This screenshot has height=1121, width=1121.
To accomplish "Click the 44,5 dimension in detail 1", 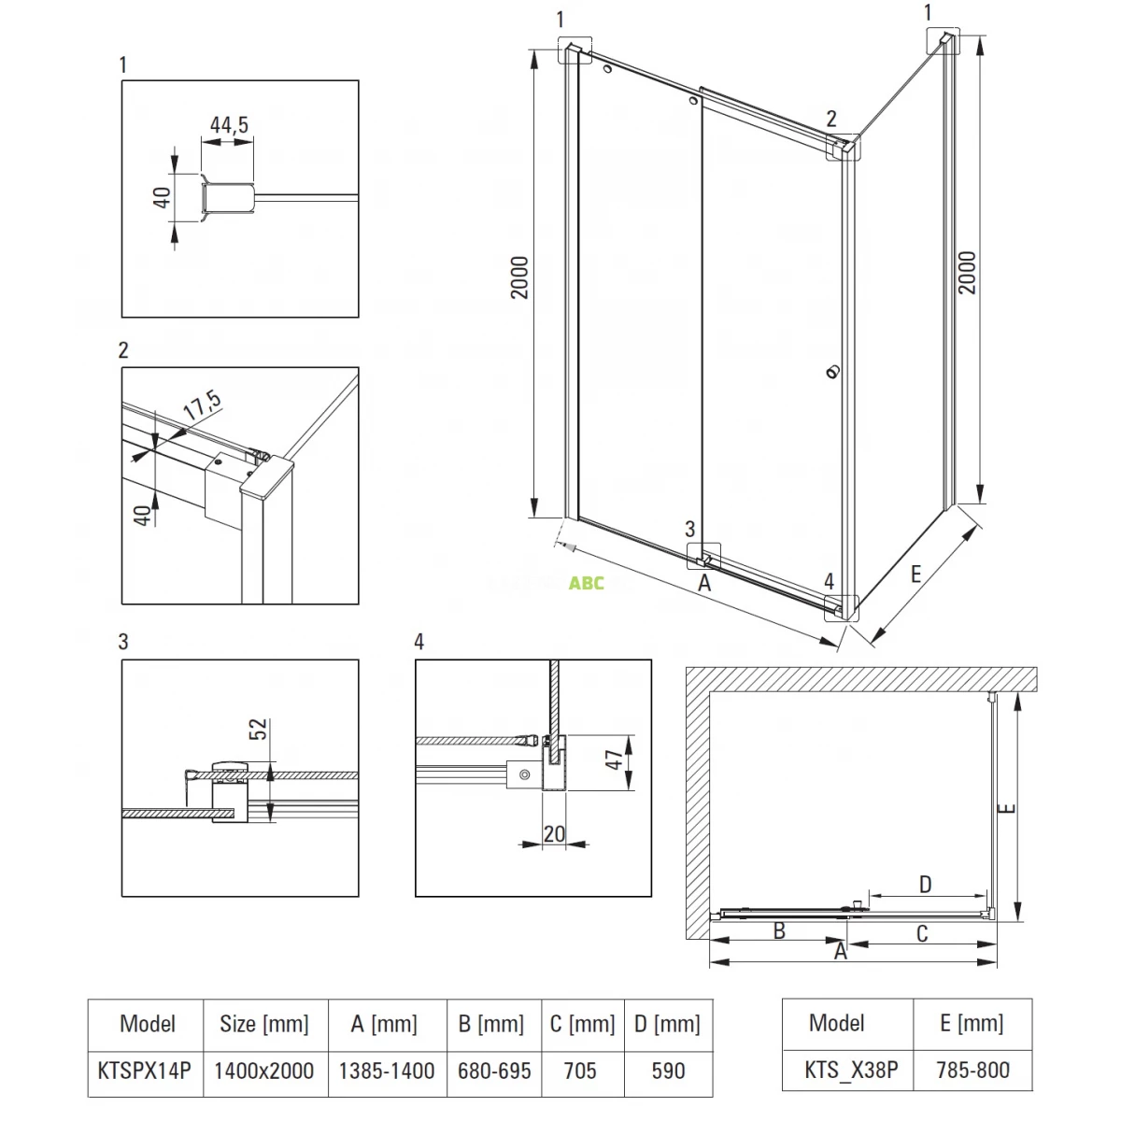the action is [229, 124].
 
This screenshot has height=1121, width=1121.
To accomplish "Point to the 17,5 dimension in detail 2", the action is [203, 406].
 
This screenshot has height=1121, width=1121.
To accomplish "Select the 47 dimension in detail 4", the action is [615, 759].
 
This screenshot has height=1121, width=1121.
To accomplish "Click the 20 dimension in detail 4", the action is [554, 834].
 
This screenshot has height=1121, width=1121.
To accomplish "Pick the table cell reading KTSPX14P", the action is [144, 1071].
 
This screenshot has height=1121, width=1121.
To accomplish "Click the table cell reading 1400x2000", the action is [264, 1071].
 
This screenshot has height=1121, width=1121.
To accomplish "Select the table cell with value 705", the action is [580, 1071].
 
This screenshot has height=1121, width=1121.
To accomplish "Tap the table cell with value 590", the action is [668, 1071].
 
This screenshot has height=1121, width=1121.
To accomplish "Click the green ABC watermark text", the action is [587, 583].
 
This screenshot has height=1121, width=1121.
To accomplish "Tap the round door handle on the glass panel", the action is [833, 372].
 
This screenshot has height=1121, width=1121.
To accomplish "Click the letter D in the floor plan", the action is [925, 886].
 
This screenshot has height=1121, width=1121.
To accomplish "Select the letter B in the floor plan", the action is [779, 931].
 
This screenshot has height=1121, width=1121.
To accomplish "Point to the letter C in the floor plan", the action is [922, 934].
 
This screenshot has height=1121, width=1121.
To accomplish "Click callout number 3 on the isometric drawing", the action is [690, 529].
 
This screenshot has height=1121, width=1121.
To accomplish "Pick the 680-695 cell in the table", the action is [494, 1071].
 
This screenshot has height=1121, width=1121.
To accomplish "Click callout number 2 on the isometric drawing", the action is [832, 119].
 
